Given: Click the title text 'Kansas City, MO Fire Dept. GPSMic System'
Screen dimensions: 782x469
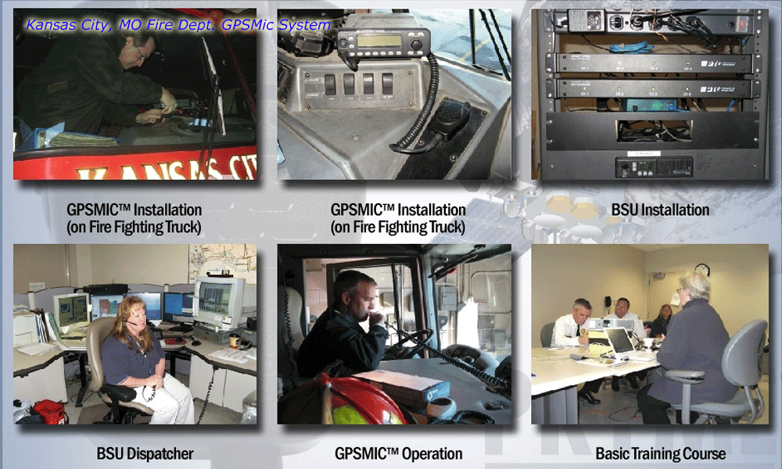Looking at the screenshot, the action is coord(178,25).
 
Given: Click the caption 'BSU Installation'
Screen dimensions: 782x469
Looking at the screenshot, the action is coord(660,209).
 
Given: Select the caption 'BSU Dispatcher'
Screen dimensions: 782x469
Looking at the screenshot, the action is coord(145,453).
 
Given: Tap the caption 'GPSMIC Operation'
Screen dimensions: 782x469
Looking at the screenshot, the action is coord(399,453).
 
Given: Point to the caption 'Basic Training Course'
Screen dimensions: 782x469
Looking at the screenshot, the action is coord(661,453).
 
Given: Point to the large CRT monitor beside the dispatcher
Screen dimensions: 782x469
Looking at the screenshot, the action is coord(220,302).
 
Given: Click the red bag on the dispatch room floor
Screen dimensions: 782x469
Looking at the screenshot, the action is coord(50,412).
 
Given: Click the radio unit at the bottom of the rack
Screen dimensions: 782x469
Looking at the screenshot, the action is coord(654,167).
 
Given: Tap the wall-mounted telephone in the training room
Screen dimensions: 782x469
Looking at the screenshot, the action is coord(608,302).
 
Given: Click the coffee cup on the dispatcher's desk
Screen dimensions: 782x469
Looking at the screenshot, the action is coord(234,340).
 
